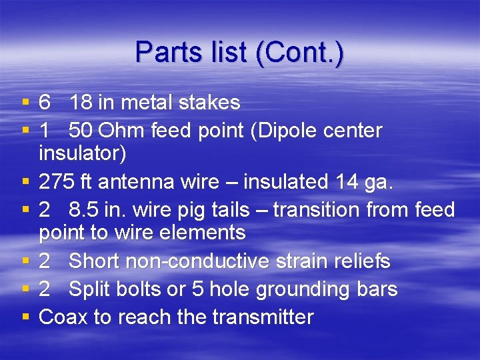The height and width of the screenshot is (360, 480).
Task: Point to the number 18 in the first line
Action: tap(81, 102)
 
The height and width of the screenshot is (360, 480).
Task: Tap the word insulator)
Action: tap(83, 153)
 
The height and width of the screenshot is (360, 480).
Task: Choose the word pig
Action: tap(204, 210)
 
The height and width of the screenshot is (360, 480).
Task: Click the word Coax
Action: tap(63, 317)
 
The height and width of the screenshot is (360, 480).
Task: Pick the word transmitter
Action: tap(262, 317)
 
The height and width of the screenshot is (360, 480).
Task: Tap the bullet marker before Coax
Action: tap(25, 317)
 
